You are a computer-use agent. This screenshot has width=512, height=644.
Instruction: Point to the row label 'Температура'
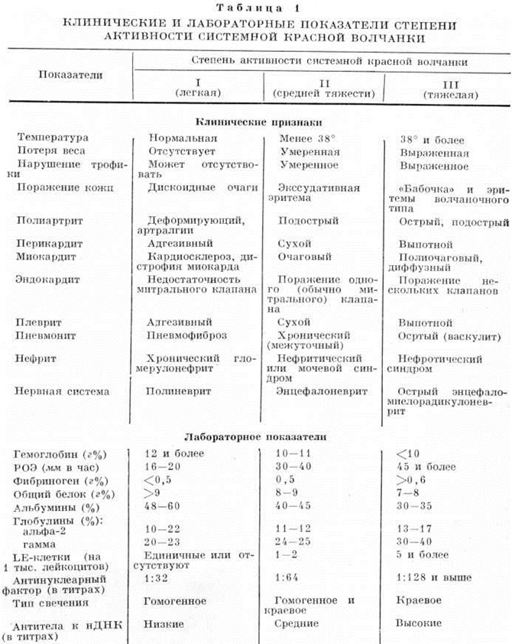53,138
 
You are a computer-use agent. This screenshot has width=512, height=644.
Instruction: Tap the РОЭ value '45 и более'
423,467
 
